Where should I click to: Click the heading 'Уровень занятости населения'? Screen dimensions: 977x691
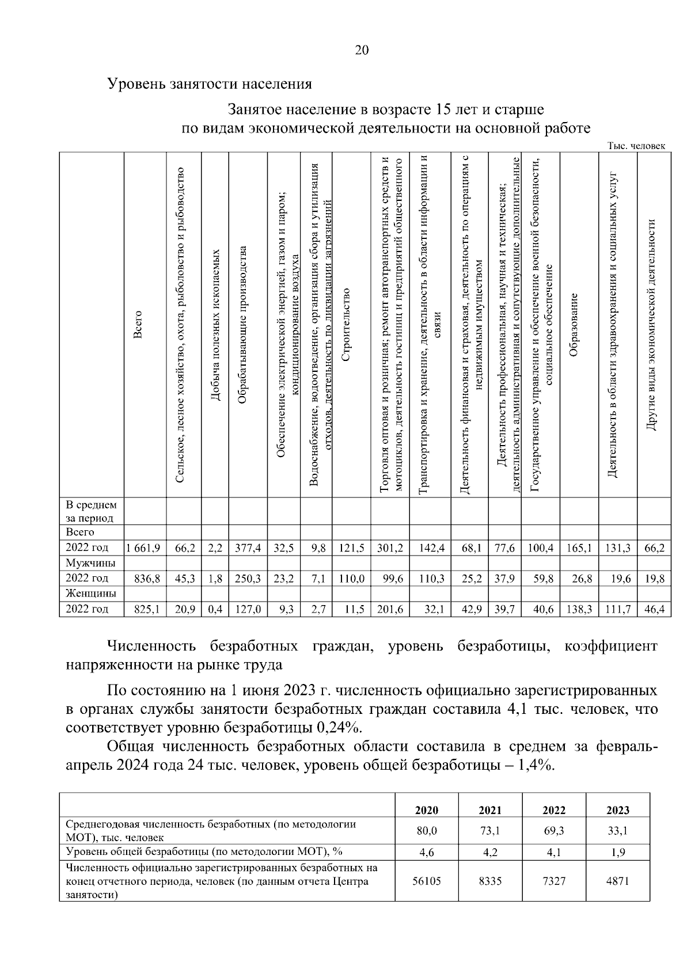tap(210, 84)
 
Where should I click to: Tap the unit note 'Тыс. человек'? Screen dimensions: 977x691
tap(636, 146)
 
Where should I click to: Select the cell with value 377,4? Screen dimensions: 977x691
tap(248, 548)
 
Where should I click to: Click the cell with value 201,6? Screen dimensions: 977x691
tap(390, 609)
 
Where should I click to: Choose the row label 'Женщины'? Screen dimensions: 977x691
tap(91, 594)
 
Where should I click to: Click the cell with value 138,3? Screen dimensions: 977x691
tap(579, 609)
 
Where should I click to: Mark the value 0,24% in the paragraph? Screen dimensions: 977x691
tap(339, 728)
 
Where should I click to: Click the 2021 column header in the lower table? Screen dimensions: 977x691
tap(490, 810)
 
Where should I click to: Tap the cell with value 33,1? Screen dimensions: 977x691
tap(617, 831)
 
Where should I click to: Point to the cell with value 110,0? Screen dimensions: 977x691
tap(351, 579)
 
